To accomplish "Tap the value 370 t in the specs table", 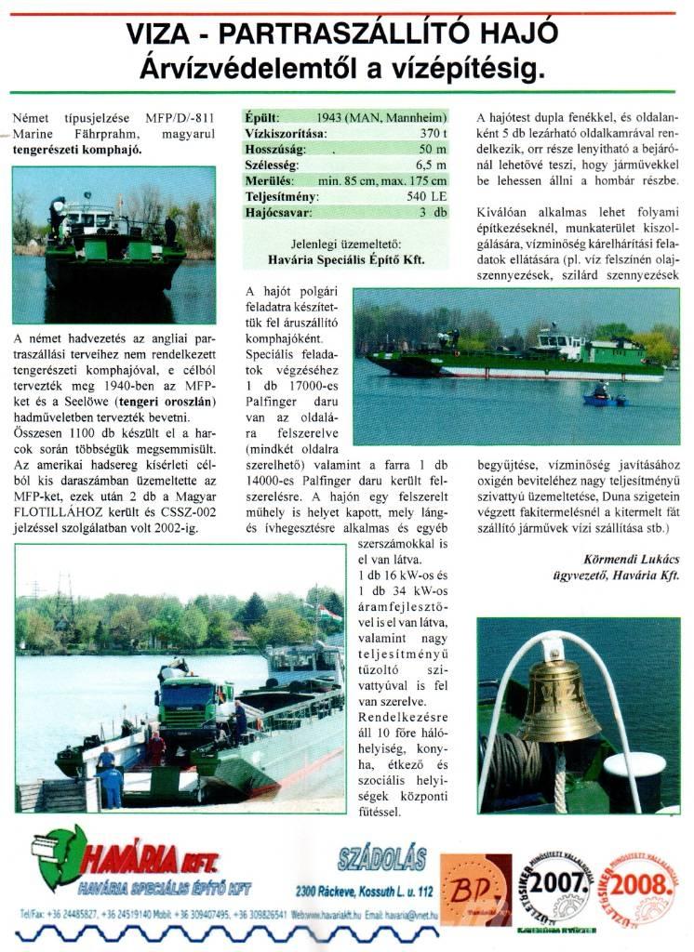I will [x=430, y=134].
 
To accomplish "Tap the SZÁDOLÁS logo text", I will [x=382, y=857].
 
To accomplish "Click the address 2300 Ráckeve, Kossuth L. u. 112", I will [x=365, y=891].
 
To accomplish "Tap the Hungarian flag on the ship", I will [x=327, y=614].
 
